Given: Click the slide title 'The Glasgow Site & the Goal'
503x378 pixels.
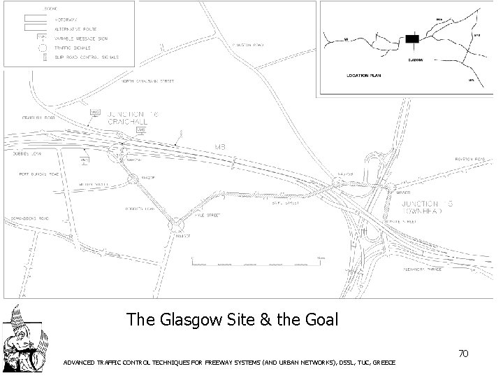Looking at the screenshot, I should click(232, 320).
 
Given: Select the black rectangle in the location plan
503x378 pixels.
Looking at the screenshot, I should click(413, 40).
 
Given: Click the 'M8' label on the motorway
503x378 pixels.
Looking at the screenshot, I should click(221, 147).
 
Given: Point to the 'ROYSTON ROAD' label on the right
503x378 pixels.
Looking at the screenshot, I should click(469, 160).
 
